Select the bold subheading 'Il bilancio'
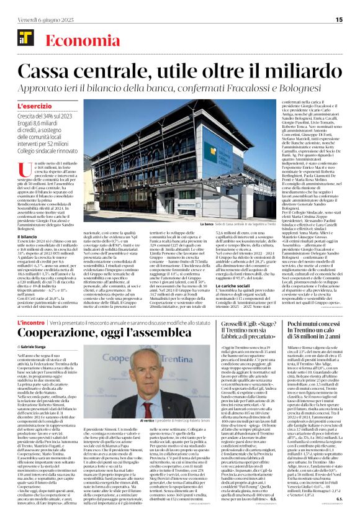point(27,236)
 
